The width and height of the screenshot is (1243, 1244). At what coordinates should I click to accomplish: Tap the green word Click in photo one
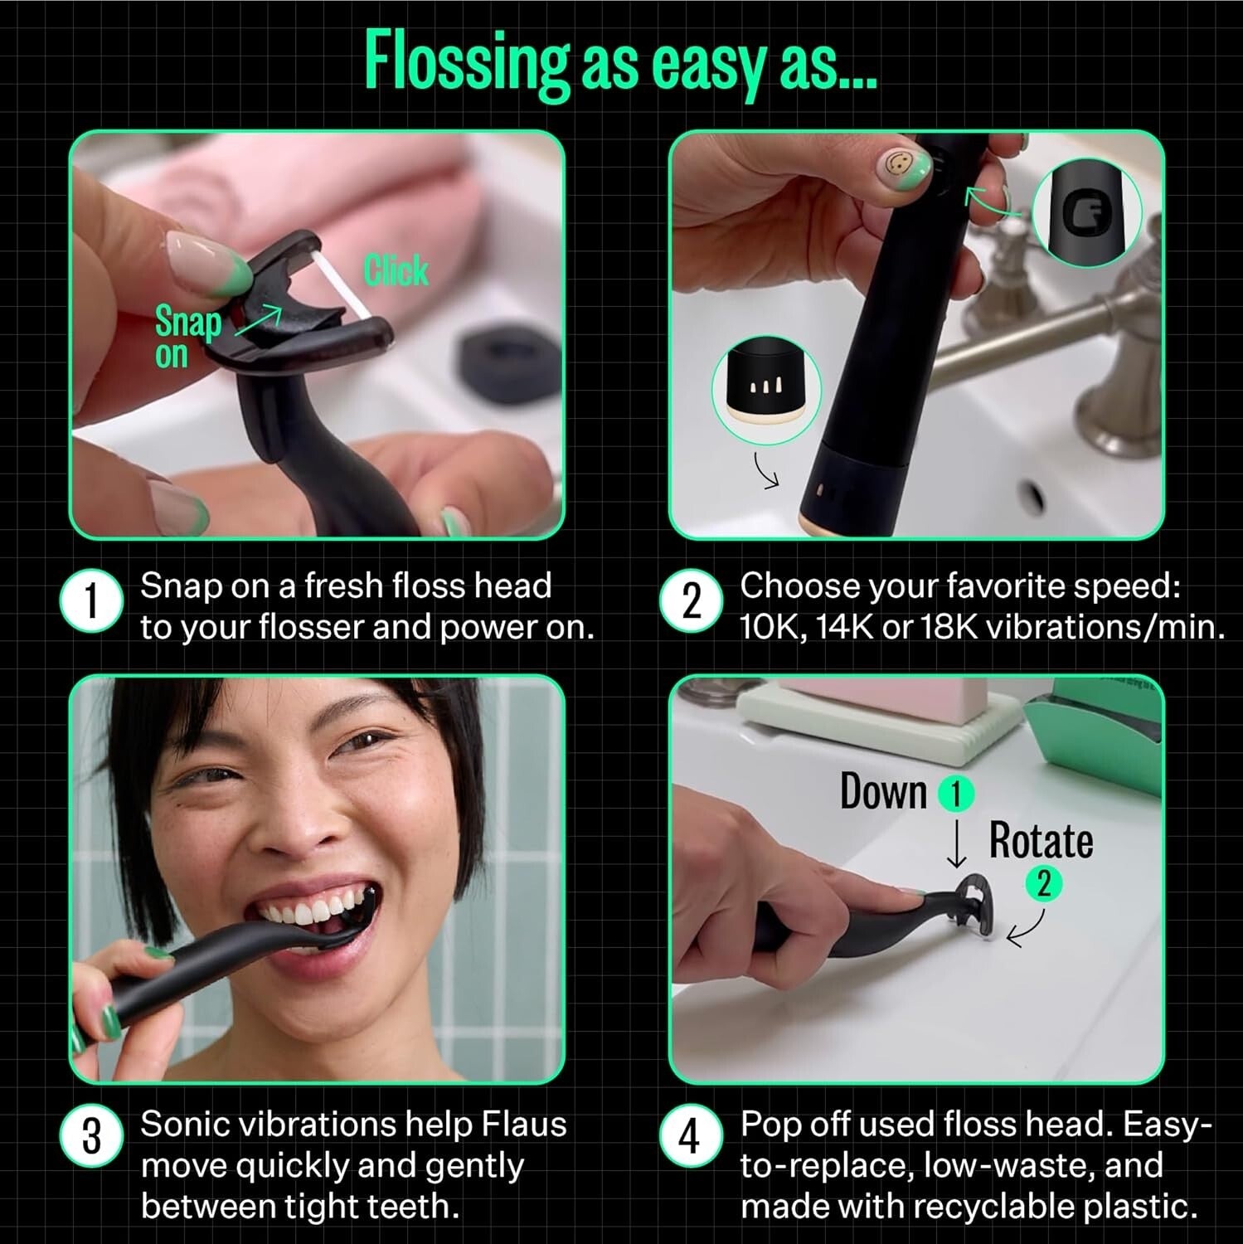[x=396, y=270]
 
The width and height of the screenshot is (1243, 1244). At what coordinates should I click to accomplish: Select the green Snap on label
[x=187, y=337]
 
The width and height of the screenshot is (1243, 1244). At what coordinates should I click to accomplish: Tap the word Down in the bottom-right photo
[x=882, y=791]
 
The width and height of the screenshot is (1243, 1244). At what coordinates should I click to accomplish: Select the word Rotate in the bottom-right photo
[x=1041, y=841]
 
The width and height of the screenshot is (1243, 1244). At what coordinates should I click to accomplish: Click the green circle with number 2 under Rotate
[x=1044, y=883]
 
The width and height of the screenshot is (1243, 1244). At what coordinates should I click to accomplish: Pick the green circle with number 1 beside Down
[x=955, y=794]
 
